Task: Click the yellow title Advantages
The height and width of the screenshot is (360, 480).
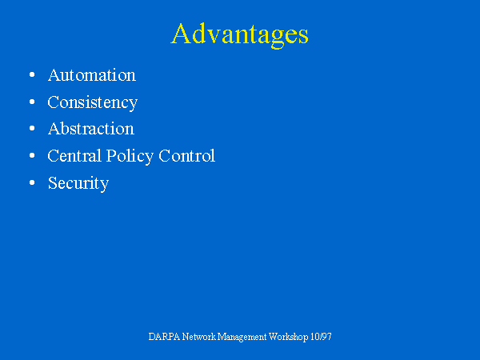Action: tap(240, 35)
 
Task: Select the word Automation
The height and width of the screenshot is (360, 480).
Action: tap(92, 75)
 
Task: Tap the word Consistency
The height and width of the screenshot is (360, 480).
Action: tap(93, 103)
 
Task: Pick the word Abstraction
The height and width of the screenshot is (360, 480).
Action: tap(91, 129)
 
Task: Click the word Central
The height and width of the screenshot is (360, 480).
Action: tap(74, 156)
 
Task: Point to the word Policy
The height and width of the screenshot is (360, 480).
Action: tap(130, 157)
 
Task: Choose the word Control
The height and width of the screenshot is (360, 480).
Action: tap(186, 156)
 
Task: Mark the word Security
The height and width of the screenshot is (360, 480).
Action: tap(78, 184)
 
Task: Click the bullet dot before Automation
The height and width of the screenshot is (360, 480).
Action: tap(32, 74)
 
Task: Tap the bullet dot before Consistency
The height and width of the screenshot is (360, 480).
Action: tap(32, 102)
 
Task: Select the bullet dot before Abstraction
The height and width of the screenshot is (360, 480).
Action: tap(32, 129)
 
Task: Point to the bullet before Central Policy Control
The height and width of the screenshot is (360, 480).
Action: tap(32, 155)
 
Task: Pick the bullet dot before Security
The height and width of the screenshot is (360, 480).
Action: tap(32, 182)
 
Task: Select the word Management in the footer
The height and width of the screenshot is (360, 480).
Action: tap(242, 338)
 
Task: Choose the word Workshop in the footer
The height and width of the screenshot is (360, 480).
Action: tap(288, 338)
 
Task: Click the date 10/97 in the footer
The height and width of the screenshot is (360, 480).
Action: tap(321, 337)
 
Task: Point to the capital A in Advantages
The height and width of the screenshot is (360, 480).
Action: tap(181, 34)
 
